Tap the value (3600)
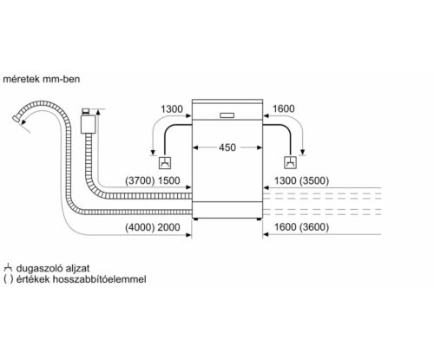pos(319,226)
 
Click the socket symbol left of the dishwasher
pos(164,161)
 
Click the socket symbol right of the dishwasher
pos(288,161)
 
